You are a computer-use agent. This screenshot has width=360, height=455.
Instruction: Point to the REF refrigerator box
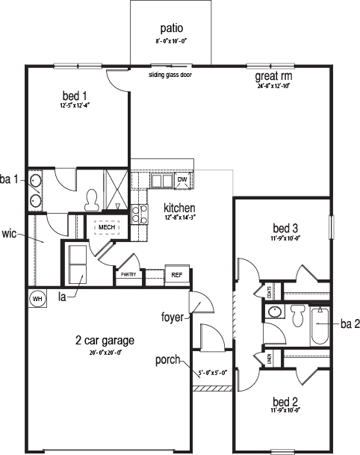[177, 275]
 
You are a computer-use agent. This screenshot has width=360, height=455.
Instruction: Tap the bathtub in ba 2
[320, 325]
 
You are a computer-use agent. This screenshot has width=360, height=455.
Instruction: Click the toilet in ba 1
[93, 197]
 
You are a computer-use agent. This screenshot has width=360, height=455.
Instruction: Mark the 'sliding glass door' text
[170, 75]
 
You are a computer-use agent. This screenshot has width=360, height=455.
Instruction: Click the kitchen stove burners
[137, 214]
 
